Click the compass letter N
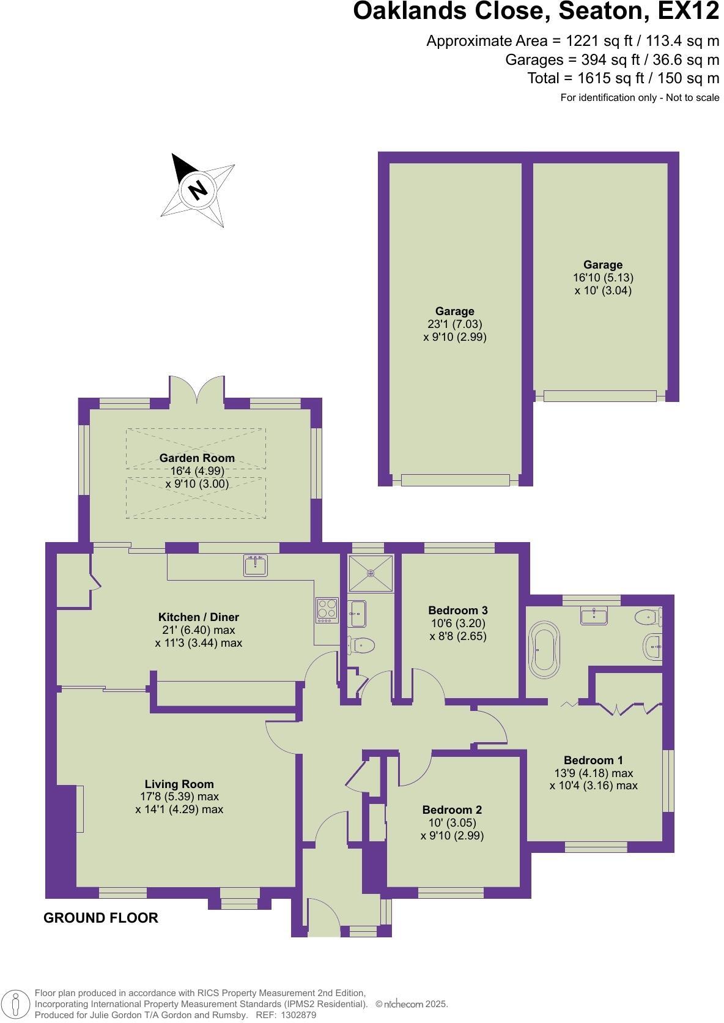(x=198, y=190)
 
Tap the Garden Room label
(x=197, y=458)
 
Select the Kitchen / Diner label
(x=199, y=617)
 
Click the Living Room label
(x=179, y=784)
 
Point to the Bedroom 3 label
(x=458, y=610)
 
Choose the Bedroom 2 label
(x=452, y=809)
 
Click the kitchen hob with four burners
(x=327, y=610)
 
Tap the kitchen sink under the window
(x=255, y=565)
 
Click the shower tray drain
(x=371, y=573)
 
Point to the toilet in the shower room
(x=362, y=644)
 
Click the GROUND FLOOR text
(x=101, y=918)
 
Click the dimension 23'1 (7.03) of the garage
(x=454, y=324)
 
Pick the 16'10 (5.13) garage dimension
(x=603, y=277)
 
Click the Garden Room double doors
(x=198, y=392)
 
